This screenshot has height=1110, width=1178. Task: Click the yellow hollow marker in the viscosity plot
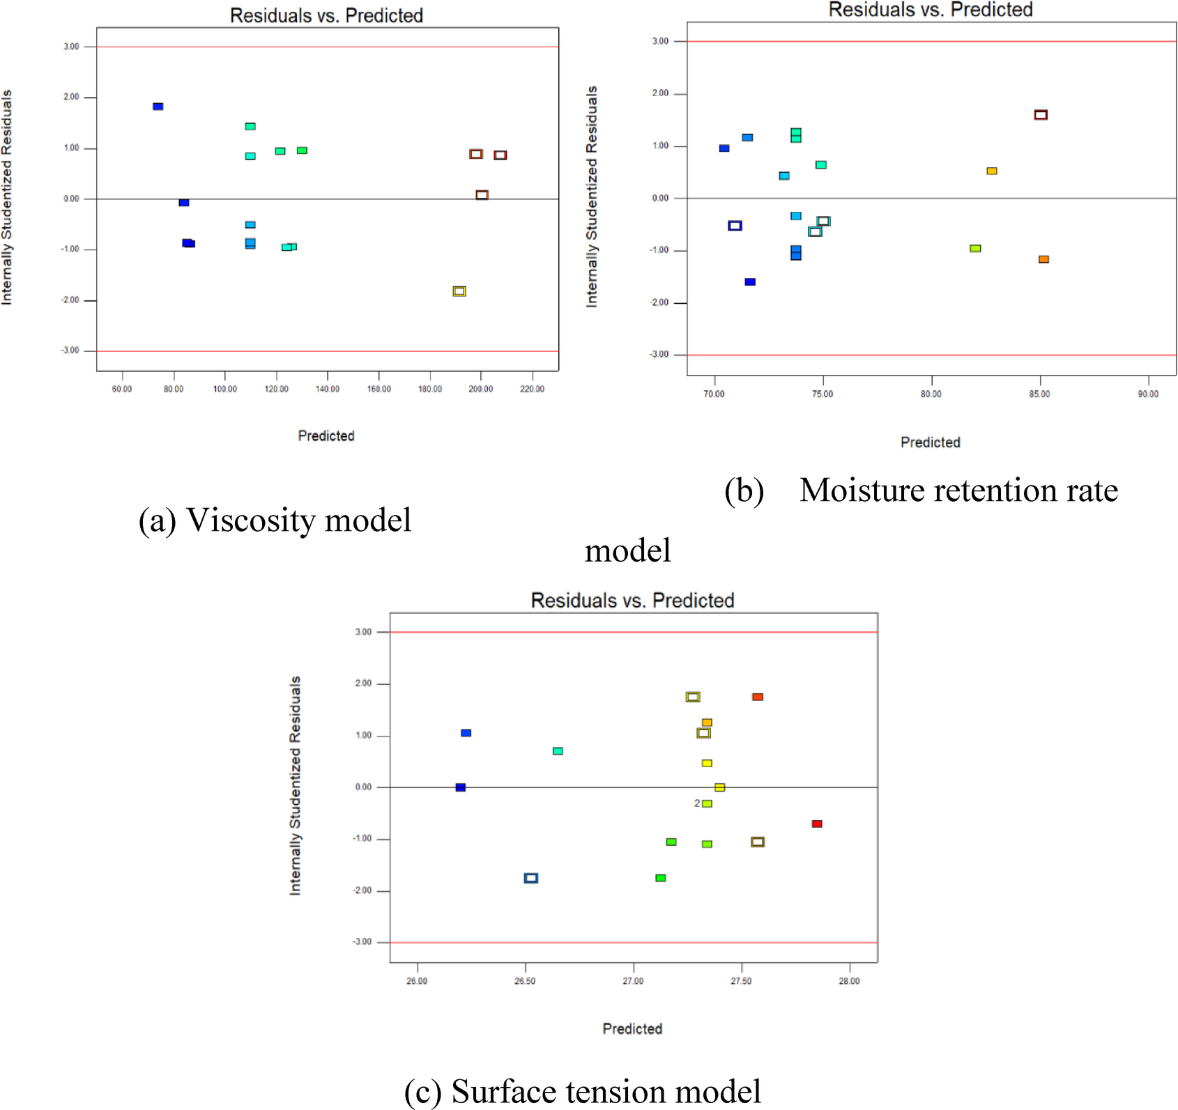click(459, 291)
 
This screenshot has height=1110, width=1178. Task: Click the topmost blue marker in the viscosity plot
click(158, 107)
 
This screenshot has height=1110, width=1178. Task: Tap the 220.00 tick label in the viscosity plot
click(532, 389)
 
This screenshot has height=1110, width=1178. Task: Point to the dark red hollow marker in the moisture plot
click(1041, 115)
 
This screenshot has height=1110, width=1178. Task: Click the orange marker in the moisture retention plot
click(1043, 259)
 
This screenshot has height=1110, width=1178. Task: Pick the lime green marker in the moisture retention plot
click(975, 249)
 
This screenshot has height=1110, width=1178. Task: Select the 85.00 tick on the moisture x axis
click(1039, 394)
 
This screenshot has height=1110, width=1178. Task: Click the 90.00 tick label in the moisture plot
click(1148, 394)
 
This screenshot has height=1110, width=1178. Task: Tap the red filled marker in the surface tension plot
click(817, 824)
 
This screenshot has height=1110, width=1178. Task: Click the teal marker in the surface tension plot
click(558, 751)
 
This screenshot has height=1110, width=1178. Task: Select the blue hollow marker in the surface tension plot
click(531, 878)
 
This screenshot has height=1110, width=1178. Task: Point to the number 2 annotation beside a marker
click(697, 803)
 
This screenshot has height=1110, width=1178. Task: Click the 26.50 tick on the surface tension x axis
click(525, 981)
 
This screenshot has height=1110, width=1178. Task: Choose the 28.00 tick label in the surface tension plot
click(849, 981)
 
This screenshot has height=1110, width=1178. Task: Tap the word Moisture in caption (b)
click(862, 491)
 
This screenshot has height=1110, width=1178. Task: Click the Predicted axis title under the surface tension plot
click(632, 1029)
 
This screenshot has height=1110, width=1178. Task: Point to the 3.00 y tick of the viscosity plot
click(71, 47)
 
